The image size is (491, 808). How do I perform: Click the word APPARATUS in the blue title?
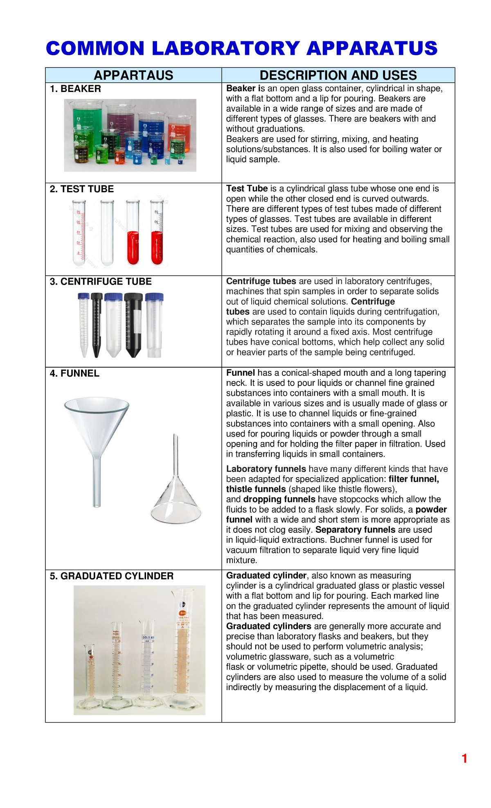372,48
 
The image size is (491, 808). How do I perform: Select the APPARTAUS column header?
133,75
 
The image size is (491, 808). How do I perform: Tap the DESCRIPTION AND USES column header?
338,75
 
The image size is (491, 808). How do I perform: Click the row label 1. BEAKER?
75,89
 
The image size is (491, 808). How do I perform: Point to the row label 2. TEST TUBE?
82,189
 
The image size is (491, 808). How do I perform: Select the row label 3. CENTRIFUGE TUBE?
101,281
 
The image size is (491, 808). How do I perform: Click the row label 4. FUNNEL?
74,373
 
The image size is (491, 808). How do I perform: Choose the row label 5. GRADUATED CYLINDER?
112,576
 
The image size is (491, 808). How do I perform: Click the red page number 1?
464,759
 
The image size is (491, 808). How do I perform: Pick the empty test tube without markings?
107,233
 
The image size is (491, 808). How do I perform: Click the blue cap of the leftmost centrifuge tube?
83,296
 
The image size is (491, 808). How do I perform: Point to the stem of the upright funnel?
97,483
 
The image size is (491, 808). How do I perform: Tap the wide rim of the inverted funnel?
176,513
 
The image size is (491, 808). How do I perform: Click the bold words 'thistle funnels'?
256,489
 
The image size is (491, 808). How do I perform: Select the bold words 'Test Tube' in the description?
247,189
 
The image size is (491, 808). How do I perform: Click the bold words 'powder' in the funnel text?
431,509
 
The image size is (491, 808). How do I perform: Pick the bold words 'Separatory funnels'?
355,530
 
